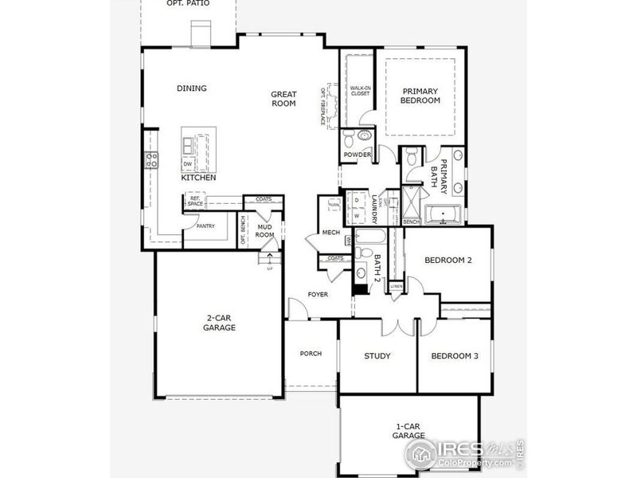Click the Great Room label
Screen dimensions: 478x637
click(283, 98)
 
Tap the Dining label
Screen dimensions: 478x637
click(191, 88)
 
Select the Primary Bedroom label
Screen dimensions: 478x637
click(420, 96)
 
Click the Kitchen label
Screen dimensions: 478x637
click(198, 178)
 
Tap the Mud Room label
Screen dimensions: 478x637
click(264, 231)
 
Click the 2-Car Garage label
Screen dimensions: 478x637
click(219, 322)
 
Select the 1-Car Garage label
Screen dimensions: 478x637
click(409, 431)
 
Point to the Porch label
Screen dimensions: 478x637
click(311, 354)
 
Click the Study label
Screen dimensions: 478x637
click(377, 356)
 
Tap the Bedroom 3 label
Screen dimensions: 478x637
click(455, 356)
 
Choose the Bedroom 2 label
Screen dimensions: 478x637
click(448, 261)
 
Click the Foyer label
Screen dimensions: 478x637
click(318, 295)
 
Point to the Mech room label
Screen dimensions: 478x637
click(331, 233)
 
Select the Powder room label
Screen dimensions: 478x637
click(358, 155)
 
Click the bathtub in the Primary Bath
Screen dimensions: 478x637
click(446, 214)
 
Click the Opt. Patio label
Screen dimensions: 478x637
click(188, 4)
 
